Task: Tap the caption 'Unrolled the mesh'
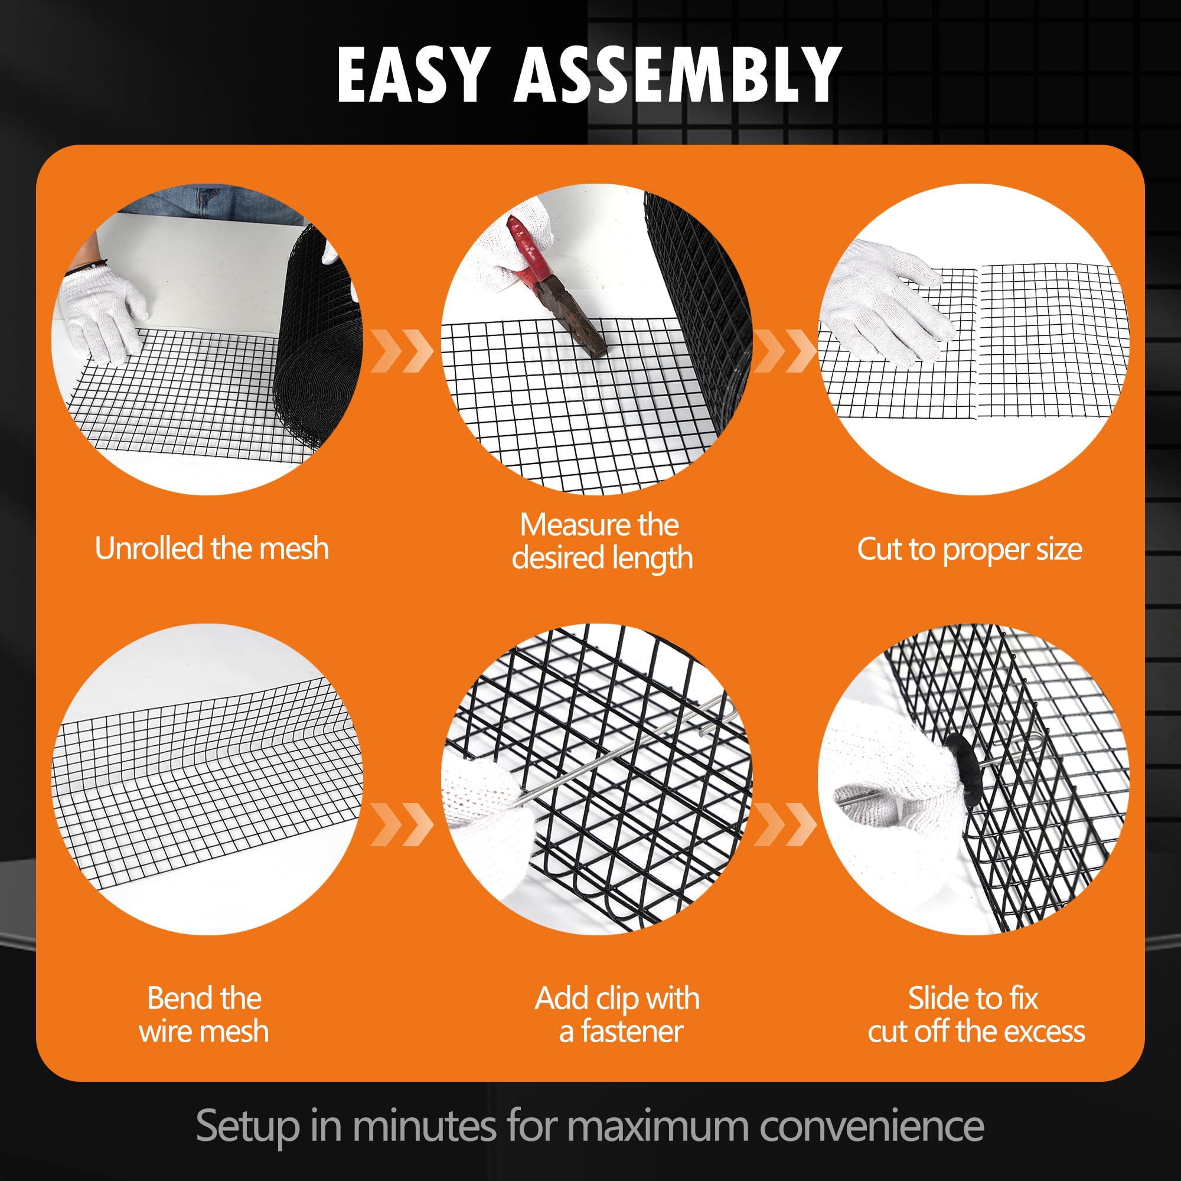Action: click(212, 549)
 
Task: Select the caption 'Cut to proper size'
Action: click(970, 550)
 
